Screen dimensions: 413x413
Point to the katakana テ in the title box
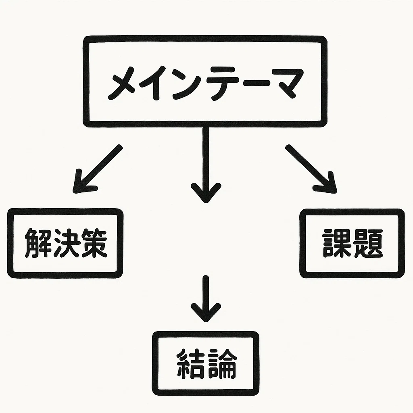click(221, 84)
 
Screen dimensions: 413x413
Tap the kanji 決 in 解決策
click(66, 243)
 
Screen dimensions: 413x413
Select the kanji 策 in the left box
click(94, 243)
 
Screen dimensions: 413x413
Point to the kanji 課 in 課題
click(337, 243)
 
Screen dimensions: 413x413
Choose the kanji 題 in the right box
click(368, 243)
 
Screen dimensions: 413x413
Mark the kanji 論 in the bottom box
click(222, 363)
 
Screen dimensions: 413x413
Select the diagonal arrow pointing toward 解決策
click(98, 169)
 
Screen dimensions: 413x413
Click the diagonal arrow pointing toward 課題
click(311, 169)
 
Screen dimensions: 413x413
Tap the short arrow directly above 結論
click(206, 299)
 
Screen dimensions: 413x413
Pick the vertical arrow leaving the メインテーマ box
click(206, 165)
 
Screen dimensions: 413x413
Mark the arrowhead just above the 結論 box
click(206, 313)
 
